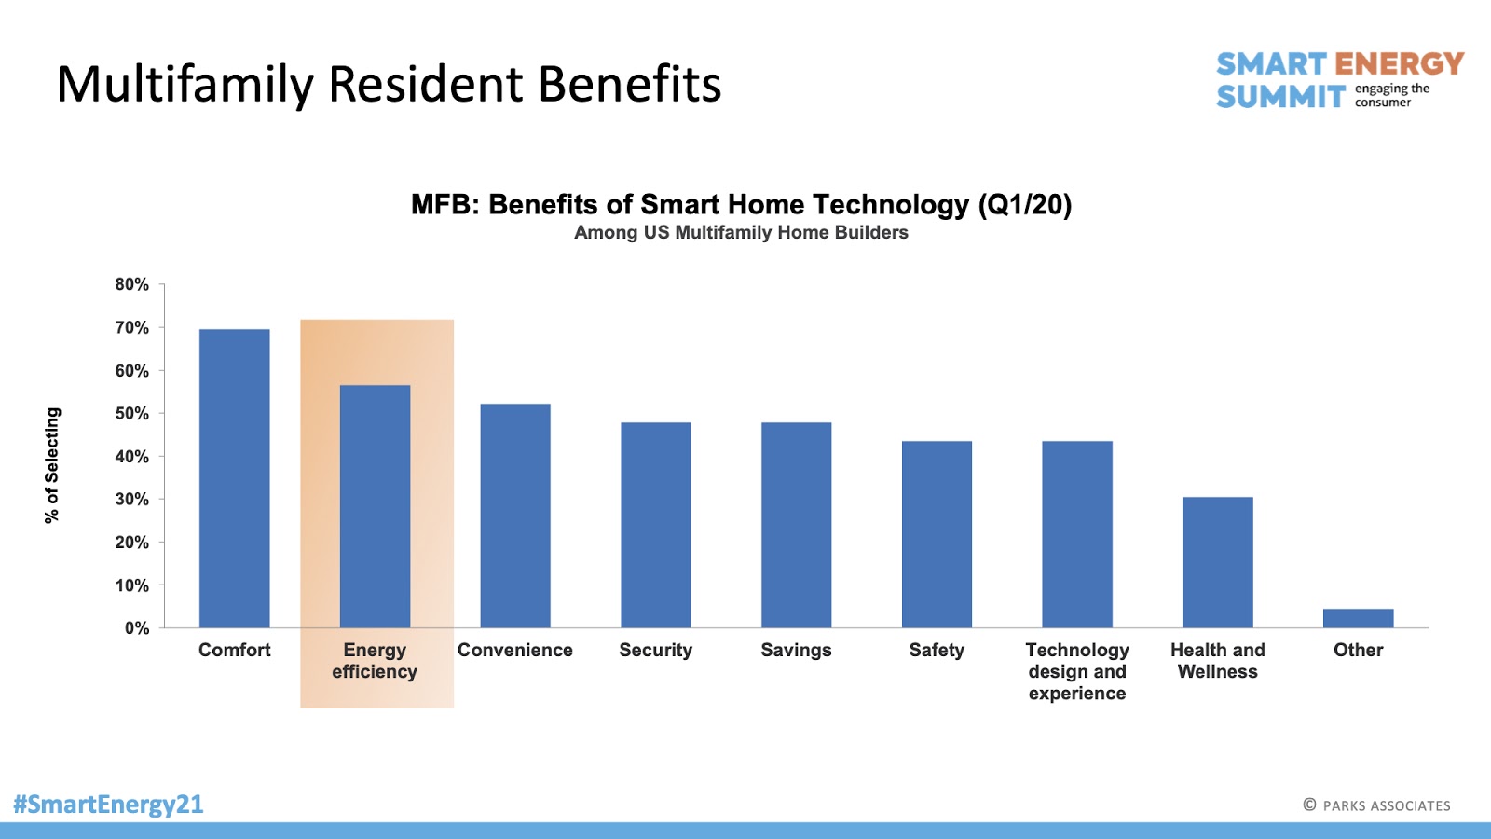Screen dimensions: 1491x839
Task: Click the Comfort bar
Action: click(x=234, y=478)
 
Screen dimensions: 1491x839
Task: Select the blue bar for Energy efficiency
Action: click(x=375, y=506)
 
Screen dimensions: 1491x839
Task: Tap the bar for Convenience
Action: click(x=515, y=516)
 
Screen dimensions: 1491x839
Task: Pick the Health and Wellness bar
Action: click(x=1217, y=562)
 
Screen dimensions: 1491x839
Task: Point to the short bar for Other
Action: click(x=1358, y=618)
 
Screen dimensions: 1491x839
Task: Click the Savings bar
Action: click(x=796, y=525)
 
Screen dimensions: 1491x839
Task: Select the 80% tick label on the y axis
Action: click(x=131, y=284)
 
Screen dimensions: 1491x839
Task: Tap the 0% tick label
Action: click(x=137, y=628)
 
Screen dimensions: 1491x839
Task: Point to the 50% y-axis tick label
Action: click(x=131, y=414)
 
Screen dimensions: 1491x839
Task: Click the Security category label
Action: click(x=656, y=650)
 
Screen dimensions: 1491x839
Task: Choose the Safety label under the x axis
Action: click(x=937, y=650)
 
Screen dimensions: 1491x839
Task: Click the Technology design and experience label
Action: click(x=1077, y=671)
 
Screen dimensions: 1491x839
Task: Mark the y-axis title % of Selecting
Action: click(x=52, y=465)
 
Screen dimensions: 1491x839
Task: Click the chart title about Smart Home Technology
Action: click(x=742, y=204)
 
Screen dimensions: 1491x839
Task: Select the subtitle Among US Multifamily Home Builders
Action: click(x=741, y=232)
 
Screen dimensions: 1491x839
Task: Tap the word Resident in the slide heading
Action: click(x=425, y=84)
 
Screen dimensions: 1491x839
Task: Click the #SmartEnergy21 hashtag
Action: click(x=108, y=804)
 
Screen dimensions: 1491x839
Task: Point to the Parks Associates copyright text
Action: click(x=1376, y=805)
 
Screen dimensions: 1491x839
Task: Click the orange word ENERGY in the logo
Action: click(x=1399, y=64)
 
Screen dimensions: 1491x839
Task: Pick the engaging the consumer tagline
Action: click(x=1392, y=95)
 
